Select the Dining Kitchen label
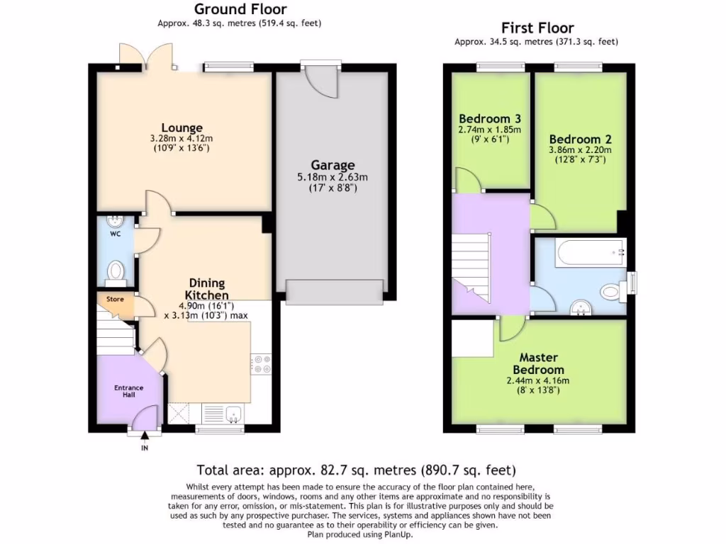(x=207, y=289)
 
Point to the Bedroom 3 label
(x=490, y=118)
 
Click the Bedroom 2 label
(x=580, y=139)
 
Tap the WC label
(x=115, y=232)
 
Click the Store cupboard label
(x=115, y=299)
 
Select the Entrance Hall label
(x=129, y=392)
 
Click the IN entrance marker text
(x=145, y=448)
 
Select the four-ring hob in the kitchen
(x=261, y=363)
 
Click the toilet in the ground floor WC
(x=115, y=271)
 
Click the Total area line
(x=356, y=470)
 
